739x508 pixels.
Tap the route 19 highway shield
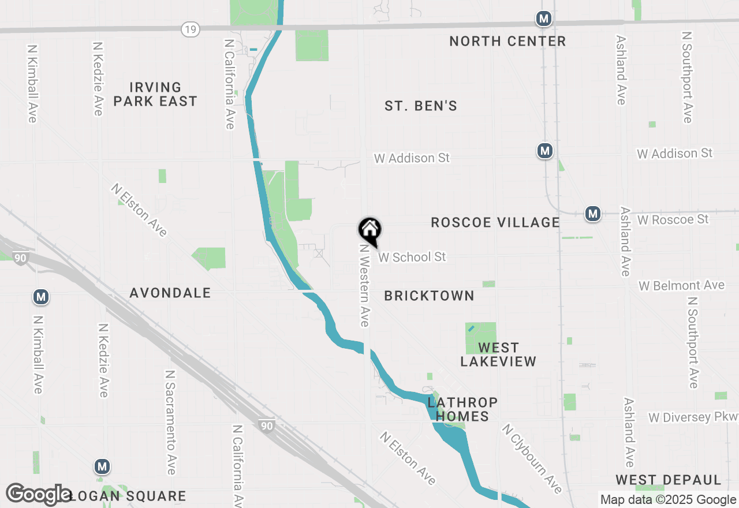click(x=189, y=28)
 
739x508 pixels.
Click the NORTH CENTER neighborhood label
click(x=507, y=41)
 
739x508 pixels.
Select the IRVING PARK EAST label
click(x=155, y=94)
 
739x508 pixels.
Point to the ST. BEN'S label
click(x=421, y=106)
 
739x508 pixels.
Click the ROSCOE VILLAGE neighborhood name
click(x=495, y=222)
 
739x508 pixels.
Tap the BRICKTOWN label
click(x=429, y=296)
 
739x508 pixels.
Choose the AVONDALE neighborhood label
click(x=170, y=293)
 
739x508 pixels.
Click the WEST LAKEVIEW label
click(x=498, y=354)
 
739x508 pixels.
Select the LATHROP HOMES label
click(x=462, y=409)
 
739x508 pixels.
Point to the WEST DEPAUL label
click(x=668, y=480)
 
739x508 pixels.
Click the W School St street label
click(x=412, y=257)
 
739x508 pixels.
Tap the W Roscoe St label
click(x=673, y=219)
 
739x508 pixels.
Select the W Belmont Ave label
click(x=681, y=286)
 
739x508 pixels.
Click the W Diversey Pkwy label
click(x=693, y=417)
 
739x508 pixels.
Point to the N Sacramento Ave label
click(x=170, y=423)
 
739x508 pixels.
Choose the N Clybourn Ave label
click(x=532, y=459)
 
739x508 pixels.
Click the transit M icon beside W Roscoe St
click(x=592, y=214)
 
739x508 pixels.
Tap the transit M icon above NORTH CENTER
click(x=543, y=18)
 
